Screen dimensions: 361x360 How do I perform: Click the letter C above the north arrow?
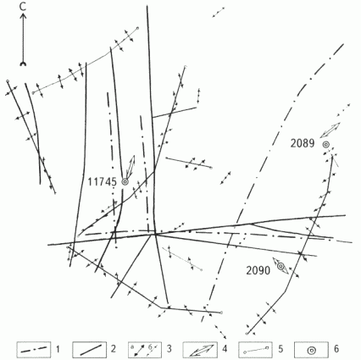[x=23, y=7]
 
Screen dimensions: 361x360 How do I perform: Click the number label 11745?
[x=102, y=182]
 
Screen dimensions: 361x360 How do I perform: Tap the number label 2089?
[x=303, y=144]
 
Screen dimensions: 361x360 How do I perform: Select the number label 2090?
[x=258, y=271]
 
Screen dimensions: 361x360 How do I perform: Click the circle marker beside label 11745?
[x=125, y=182]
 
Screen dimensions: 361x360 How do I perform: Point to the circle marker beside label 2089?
[x=326, y=145]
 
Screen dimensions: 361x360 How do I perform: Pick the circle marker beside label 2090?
[x=280, y=266]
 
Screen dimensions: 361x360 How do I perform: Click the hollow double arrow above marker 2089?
[x=330, y=130]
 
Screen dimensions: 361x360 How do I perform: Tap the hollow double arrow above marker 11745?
[x=131, y=167]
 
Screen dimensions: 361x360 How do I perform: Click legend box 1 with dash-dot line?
[x=34, y=350]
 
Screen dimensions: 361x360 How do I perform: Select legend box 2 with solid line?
[x=89, y=350]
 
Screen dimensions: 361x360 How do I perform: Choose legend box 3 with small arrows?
[x=145, y=350]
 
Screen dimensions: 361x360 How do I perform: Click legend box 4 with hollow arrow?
[x=200, y=350]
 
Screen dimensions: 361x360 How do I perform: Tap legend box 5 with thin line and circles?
[x=256, y=350]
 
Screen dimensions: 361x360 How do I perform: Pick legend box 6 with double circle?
[x=311, y=350]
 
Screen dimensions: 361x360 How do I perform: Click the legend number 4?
[x=225, y=349]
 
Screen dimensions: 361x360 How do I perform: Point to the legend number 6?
[x=336, y=349]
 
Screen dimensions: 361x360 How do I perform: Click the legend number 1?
[x=58, y=349]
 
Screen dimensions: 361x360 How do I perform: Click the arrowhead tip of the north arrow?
[x=23, y=14]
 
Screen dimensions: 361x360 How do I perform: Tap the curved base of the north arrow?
[x=23, y=64]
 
